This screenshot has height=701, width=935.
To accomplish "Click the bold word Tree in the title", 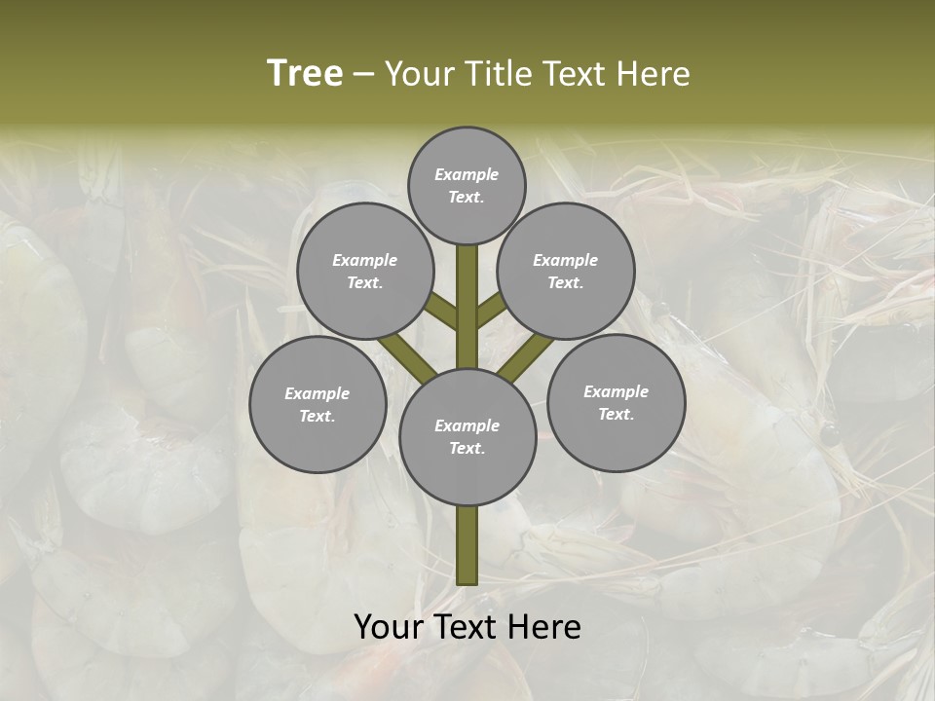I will point(305,73).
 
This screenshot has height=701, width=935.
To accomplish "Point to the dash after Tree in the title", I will point(363,75).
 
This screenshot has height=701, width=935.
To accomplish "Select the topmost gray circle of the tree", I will point(467,185).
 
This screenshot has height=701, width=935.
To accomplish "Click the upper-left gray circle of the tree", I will point(365,271).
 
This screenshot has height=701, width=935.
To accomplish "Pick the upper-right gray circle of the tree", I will point(566,271).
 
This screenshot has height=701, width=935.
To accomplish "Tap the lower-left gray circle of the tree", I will point(318,404).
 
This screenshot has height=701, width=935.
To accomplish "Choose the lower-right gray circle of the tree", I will point(616,402).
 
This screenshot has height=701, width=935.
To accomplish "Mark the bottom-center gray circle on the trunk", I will point(467,436).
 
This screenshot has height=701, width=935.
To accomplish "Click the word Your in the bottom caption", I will point(387,627).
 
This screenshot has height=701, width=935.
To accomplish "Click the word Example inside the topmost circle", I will point(467,174).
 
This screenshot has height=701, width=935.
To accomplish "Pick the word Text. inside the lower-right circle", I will point(616,414).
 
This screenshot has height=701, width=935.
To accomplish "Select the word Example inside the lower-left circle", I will point(318,393).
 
